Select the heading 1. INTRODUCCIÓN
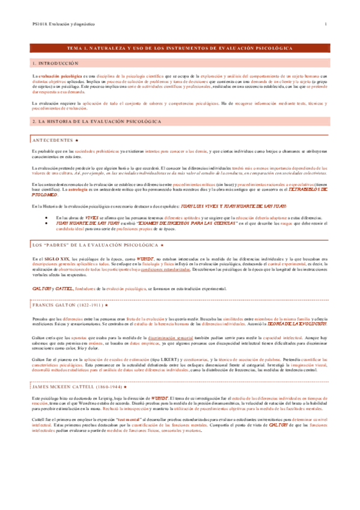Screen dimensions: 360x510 click(55, 63)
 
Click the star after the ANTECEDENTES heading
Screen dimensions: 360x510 click(78, 140)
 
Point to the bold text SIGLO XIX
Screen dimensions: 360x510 click(52, 258)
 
